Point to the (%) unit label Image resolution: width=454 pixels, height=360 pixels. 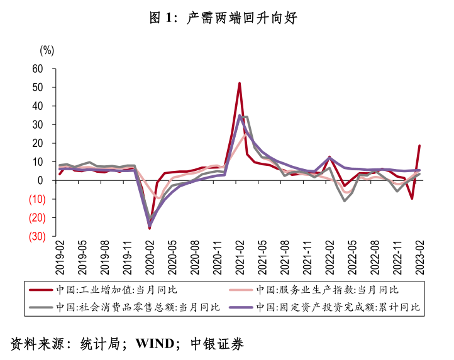47,51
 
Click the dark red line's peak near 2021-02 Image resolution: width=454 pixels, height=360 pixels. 240,83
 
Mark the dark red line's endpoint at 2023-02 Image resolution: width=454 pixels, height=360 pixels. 419,146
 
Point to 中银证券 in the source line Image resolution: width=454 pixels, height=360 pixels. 217,344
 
